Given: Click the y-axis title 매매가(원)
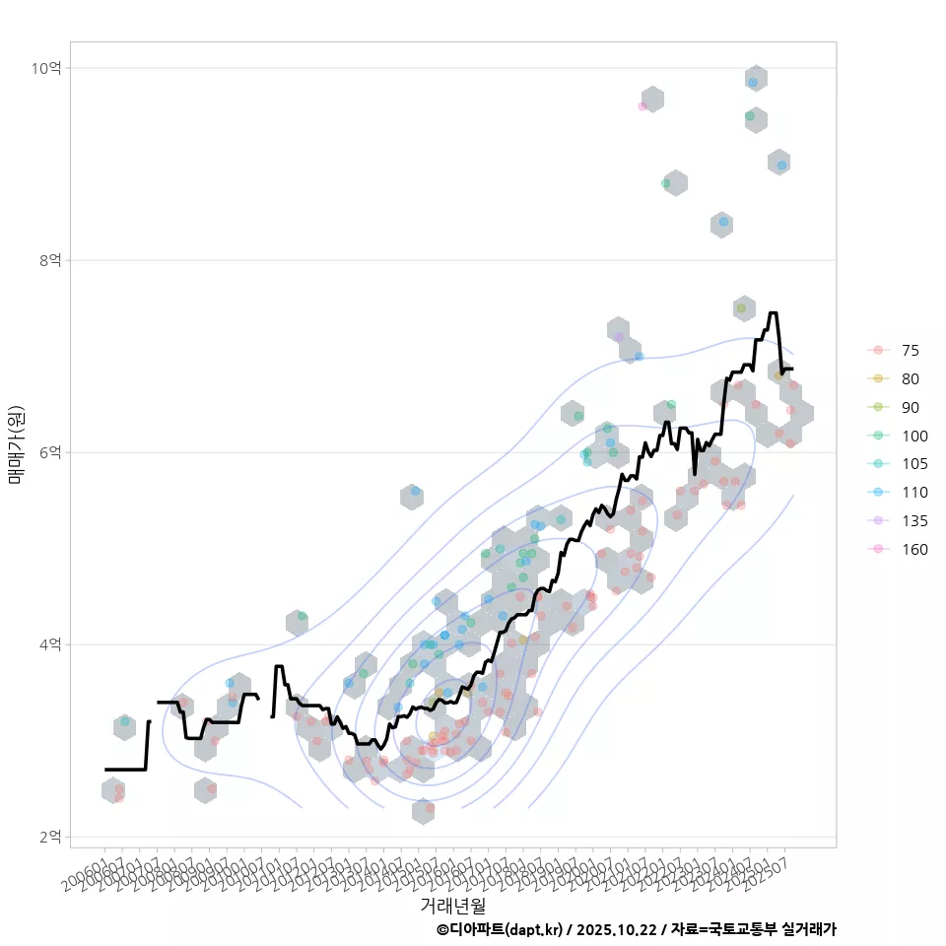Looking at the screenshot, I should [x=16, y=444].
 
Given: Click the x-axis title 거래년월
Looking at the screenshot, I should [x=452, y=905].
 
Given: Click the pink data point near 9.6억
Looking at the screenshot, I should [x=642, y=105].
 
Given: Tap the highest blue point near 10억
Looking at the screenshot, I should [x=753, y=83].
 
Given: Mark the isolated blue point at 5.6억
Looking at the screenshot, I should [x=415, y=491].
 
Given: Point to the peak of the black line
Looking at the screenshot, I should [x=774, y=313].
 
